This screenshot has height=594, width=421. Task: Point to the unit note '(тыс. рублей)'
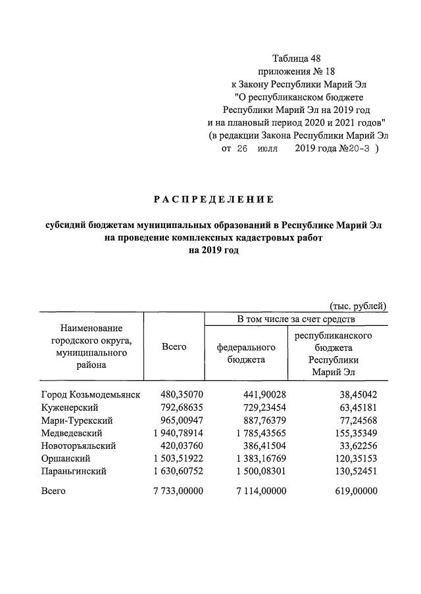(358, 306)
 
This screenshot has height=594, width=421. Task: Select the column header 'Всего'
(174, 346)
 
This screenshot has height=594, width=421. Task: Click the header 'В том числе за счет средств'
(296, 319)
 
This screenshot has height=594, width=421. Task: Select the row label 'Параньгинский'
(74, 471)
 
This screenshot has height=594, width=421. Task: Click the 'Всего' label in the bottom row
(53, 491)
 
